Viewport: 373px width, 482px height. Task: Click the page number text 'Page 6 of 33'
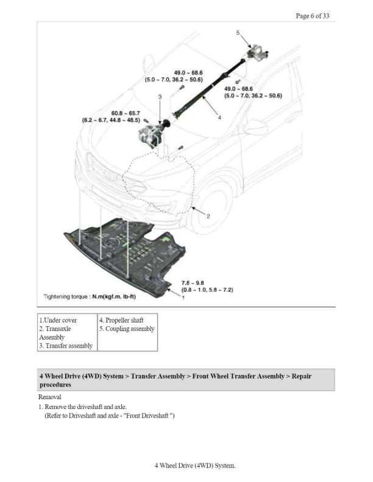(312, 16)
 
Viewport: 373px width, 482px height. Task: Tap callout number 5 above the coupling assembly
(238, 32)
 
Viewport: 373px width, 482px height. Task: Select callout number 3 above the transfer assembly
(160, 97)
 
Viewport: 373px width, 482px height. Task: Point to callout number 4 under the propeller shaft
(219, 118)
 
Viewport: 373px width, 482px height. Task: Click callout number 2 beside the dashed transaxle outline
(208, 216)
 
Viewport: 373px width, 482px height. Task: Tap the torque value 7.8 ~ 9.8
(193, 283)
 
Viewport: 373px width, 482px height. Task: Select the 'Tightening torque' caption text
(89, 296)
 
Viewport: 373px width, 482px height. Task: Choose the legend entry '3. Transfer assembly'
(66, 346)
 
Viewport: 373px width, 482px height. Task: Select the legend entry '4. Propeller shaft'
(121, 320)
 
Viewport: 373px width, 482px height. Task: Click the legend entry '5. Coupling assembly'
(127, 329)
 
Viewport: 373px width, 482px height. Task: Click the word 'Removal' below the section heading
(49, 397)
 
